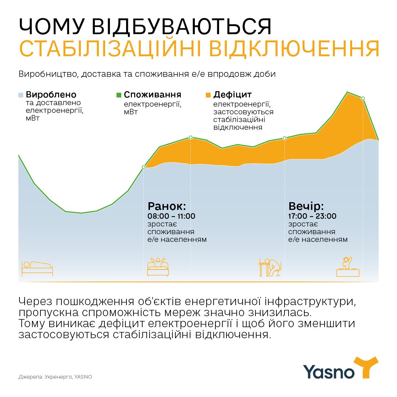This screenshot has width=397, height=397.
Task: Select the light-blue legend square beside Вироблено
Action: [21, 94]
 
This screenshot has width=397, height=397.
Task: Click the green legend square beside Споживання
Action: [118, 94]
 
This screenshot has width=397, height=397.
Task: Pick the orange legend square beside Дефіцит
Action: [208, 94]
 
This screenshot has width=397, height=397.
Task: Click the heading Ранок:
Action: [167, 205]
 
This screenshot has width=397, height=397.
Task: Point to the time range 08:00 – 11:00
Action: [171, 216]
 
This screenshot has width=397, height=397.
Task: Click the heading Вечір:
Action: [306, 205]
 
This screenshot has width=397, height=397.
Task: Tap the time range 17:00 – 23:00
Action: [312, 216]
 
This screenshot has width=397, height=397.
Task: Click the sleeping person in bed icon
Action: [37, 268]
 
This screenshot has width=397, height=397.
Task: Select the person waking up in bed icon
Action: [158, 266]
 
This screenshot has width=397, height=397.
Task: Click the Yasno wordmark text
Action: [329, 371]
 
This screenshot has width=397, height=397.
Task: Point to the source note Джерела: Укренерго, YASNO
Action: [55, 377]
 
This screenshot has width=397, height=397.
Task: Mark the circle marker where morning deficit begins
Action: [144, 167]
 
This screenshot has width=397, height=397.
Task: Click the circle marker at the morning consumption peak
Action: [190, 137]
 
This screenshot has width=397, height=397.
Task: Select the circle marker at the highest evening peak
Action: [363, 98]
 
